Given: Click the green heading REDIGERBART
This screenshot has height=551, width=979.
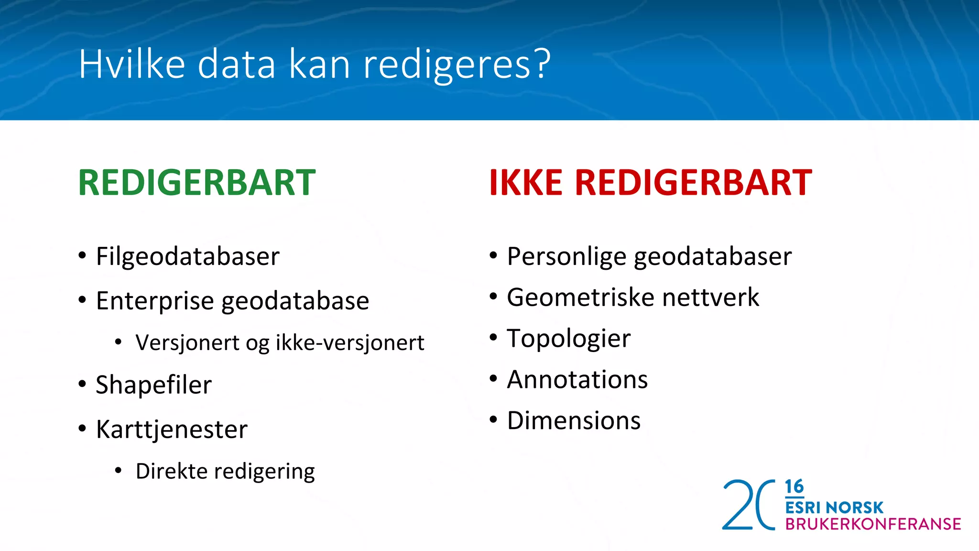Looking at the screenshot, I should coord(196,183).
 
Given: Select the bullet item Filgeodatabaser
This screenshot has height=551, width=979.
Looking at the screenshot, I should coord(187,256).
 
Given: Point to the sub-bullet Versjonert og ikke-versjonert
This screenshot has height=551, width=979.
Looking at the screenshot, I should coord(280,343).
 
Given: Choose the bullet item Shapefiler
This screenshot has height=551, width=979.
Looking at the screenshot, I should coord(153,385).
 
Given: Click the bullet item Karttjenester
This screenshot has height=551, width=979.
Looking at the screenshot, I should coord(172,429).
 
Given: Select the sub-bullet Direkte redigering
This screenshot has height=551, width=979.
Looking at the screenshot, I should coord(225,471).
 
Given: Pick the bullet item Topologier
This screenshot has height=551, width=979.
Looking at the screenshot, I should coord(568,339).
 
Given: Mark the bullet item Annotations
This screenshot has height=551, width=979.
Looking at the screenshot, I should coord(577,380).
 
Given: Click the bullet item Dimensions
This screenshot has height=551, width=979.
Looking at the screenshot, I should coord(574,421).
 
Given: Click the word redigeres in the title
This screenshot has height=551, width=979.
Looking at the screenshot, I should coord(446,65).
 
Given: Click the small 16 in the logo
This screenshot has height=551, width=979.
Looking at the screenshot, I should coord(794,487).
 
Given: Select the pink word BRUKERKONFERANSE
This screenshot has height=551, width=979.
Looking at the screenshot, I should coord(873,524).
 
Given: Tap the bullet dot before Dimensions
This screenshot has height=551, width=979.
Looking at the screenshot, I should coord(493,420).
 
